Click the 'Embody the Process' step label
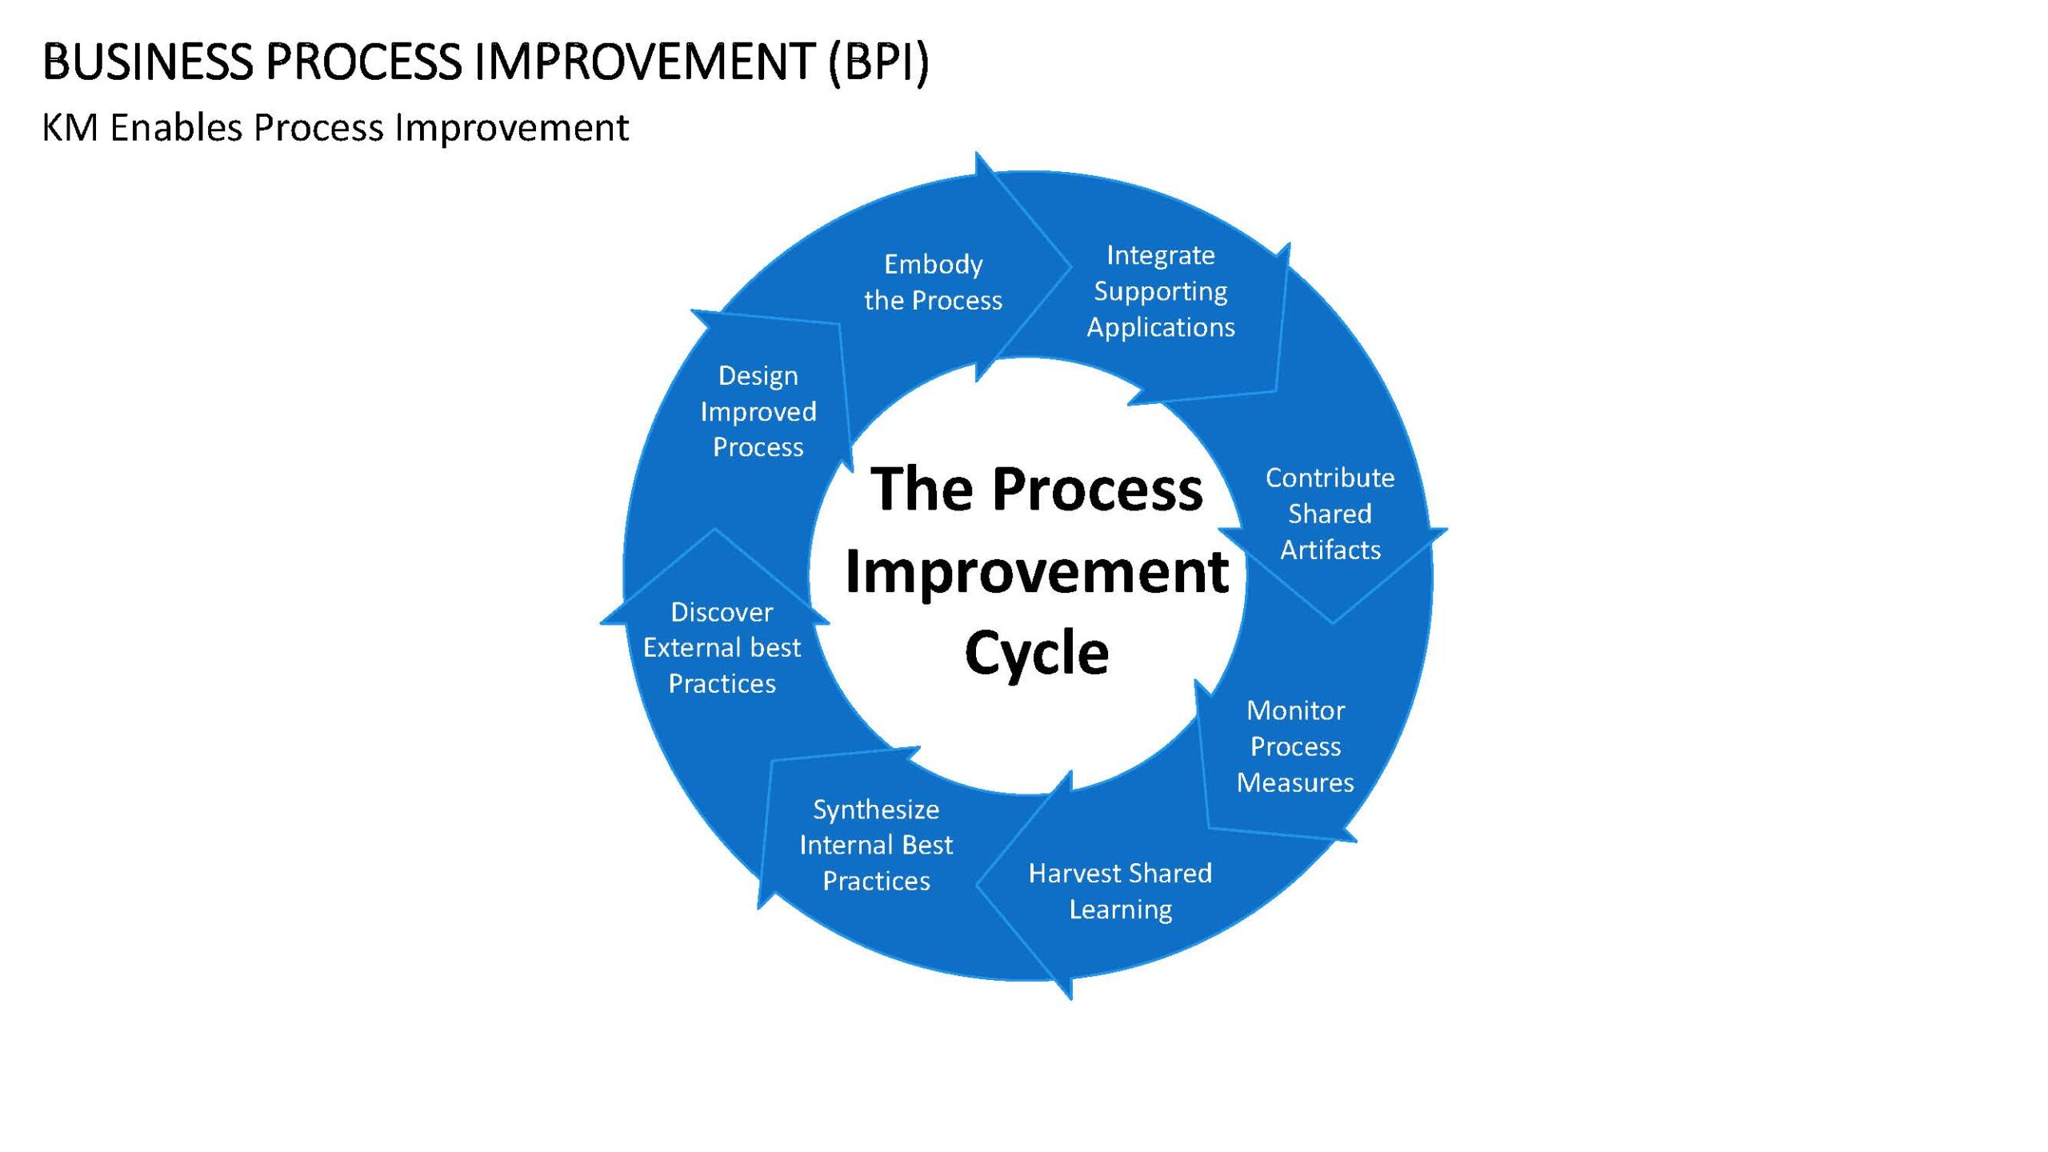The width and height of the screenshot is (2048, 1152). (x=933, y=282)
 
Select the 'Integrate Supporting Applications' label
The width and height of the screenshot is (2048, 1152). (x=1161, y=291)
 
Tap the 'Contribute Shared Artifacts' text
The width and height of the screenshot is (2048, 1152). (x=1330, y=514)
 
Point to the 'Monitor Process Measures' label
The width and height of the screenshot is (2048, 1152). (x=1295, y=746)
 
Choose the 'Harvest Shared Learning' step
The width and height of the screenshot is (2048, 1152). (x=1120, y=891)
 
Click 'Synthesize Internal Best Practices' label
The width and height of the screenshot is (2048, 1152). (x=876, y=845)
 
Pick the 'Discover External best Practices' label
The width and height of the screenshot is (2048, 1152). (x=722, y=647)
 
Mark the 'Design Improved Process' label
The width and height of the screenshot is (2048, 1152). (x=758, y=411)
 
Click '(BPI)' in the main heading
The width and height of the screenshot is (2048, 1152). (x=879, y=62)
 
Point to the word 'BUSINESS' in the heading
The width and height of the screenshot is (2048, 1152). (x=147, y=62)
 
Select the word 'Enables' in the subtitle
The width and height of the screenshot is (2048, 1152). (x=176, y=127)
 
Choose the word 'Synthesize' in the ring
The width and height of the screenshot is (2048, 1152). (x=876, y=810)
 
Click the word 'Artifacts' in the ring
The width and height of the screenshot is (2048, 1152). (x=1330, y=550)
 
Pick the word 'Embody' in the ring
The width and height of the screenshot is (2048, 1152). (x=934, y=265)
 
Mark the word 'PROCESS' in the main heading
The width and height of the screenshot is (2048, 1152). (x=364, y=62)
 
